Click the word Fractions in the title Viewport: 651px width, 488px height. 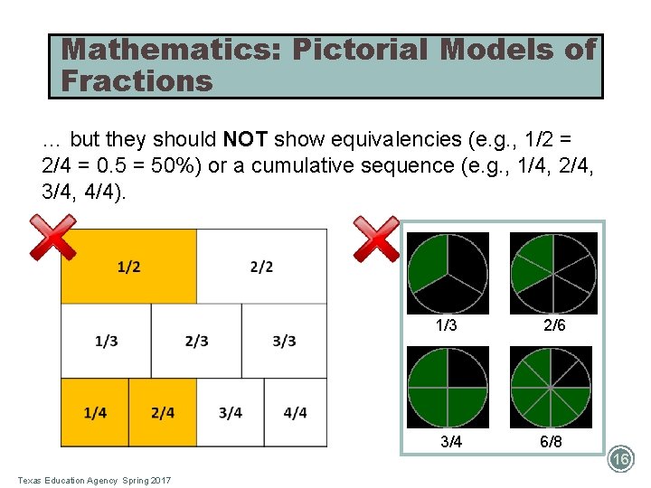coord(137,81)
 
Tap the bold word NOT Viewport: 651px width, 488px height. coord(243,140)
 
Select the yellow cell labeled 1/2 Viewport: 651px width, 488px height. coord(128,267)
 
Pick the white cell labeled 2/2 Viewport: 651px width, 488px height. coord(261,267)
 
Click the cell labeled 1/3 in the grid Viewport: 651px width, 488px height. coord(106,341)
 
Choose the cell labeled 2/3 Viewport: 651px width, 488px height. coord(196,341)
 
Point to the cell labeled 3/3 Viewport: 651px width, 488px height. coord(284,341)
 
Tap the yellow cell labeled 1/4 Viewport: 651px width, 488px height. coord(95,413)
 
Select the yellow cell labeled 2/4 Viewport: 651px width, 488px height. coord(163,413)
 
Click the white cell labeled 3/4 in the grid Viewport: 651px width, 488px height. coord(231,413)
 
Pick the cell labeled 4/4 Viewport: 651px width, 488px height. coord(296,413)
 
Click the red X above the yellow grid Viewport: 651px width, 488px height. coord(52,237)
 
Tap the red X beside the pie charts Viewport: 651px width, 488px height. coord(376,239)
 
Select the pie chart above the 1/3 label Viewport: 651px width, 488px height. coord(448,273)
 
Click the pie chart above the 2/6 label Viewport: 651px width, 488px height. coord(553,273)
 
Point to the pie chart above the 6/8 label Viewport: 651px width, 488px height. coord(553,387)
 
